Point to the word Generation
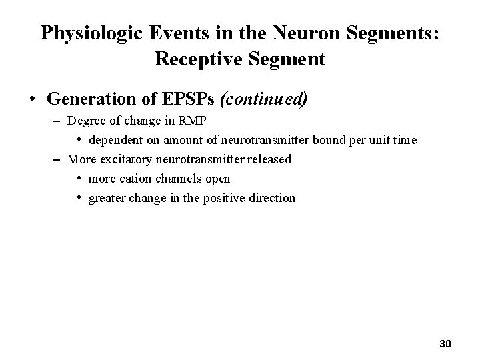click(x=92, y=99)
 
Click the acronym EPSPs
click(x=186, y=99)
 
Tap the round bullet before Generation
click(x=32, y=100)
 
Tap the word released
click(x=269, y=159)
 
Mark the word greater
click(x=107, y=198)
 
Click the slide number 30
click(x=445, y=343)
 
